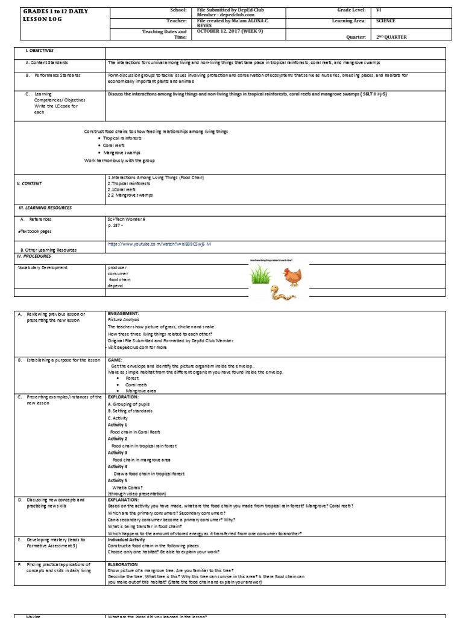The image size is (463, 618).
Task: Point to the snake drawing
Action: coord(277,292)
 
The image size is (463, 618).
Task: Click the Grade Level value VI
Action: coord(379,11)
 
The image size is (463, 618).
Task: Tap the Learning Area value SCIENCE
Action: coord(385,21)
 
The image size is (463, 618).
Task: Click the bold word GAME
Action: coord(115,359)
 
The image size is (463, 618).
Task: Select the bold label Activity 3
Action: coord(118,453)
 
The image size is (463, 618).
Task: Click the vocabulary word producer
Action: coord(118,267)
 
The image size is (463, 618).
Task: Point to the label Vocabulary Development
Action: coord(43,267)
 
